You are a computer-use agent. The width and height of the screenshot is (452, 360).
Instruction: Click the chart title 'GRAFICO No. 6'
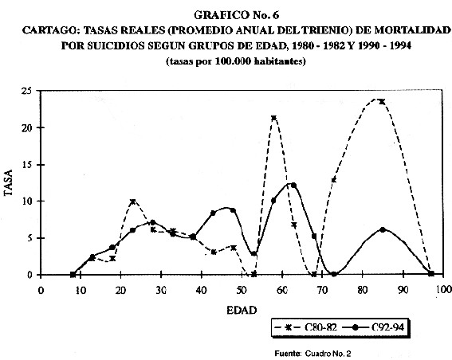click(x=237, y=15)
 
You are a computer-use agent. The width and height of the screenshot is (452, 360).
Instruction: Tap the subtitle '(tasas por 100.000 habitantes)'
click(x=236, y=61)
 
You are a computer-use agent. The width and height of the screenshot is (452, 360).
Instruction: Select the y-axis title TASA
click(x=9, y=182)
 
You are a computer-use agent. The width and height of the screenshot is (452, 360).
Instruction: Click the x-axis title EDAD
click(x=242, y=311)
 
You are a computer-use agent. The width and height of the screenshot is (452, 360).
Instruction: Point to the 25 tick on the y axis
click(x=27, y=91)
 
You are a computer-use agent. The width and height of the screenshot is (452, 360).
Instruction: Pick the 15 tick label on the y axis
click(x=27, y=165)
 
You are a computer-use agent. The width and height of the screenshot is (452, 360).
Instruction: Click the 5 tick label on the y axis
click(x=29, y=238)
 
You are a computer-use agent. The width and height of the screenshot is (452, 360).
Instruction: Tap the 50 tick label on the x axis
click(x=242, y=290)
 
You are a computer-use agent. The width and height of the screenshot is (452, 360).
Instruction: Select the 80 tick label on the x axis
click(x=363, y=290)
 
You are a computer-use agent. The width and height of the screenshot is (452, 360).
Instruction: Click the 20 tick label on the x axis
click(x=120, y=290)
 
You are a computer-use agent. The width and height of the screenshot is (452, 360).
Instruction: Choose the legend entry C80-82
click(x=306, y=327)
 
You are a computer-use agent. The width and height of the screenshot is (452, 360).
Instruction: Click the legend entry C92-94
click(x=374, y=327)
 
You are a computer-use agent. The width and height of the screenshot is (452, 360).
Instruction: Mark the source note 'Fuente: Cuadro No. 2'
click(x=312, y=354)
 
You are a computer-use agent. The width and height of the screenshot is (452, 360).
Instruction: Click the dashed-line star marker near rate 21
click(x=274, y=118)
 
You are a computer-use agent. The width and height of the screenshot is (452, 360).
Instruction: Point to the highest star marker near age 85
click(x=382, y=101)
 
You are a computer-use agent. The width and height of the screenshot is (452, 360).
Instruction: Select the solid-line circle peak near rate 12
click(x=293, y=185)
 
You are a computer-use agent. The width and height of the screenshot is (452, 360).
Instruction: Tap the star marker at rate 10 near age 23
click(x=132, y=202)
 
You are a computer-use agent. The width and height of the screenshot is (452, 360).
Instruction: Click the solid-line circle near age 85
click(x=383, y=229)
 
